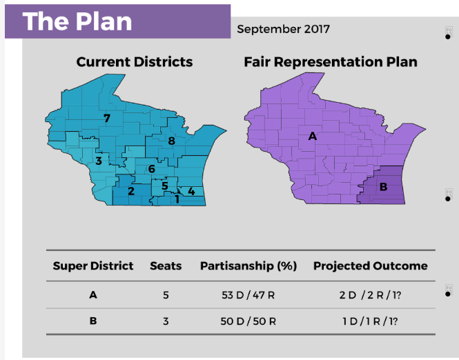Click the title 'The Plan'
point(77,21)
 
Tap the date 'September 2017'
point(283,29)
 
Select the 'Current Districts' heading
point(135,62)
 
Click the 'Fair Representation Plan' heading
point(331,62)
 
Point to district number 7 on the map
point(107,118)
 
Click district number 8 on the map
point(172,141)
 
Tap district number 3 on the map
point(99,161)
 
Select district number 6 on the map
point(151,169)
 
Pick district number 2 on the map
point(130,191)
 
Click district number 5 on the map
point(164,186)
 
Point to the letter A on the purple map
point(313,137)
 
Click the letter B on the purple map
point(383,186)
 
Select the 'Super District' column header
point(93,266)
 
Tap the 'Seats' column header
point(166,266)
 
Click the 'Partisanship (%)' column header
point(249,266)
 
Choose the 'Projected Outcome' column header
point(371,266)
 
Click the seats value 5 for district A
point(166,296)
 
